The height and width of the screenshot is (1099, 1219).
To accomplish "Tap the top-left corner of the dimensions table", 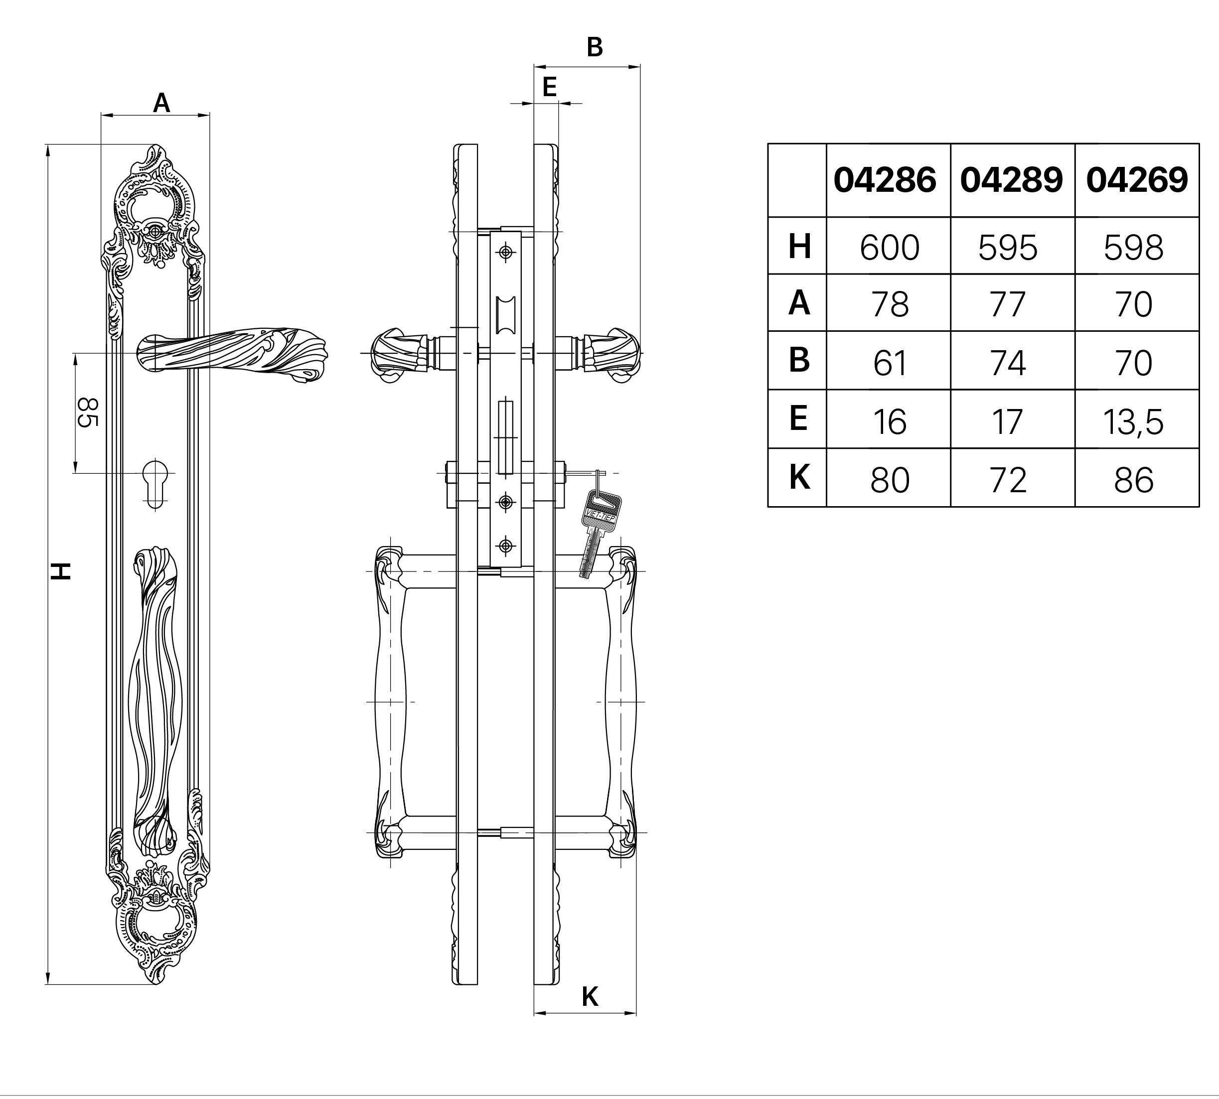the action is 768,143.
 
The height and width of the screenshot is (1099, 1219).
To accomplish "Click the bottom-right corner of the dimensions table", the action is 1199,507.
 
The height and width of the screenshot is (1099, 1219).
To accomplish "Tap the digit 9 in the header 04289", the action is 1051,180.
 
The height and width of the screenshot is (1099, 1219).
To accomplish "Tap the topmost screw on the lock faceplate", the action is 506,252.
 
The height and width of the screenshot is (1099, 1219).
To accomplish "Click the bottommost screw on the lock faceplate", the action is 506,547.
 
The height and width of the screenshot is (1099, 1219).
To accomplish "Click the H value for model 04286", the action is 889,247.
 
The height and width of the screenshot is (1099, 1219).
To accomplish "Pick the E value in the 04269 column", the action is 1133,421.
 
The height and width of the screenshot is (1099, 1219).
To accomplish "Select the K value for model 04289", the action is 1008,481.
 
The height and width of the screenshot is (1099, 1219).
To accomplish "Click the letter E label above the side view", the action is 549,88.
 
